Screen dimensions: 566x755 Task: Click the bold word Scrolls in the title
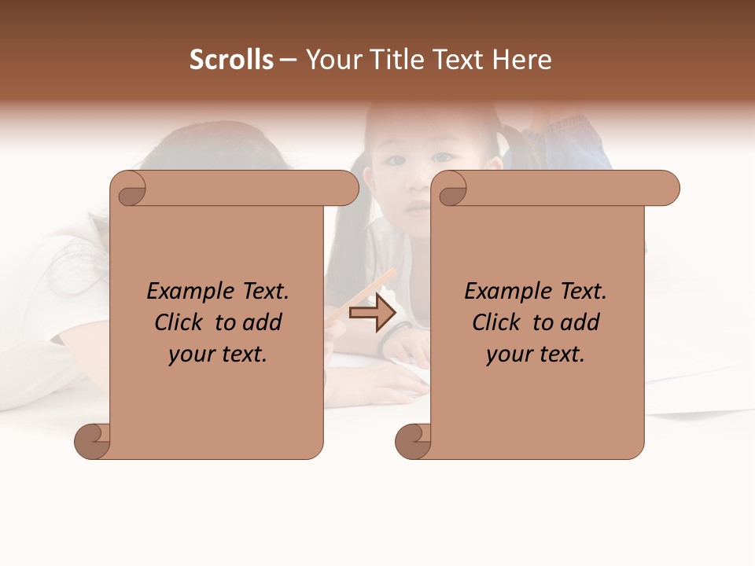231,60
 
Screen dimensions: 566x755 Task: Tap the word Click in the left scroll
179,322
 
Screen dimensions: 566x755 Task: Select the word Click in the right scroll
497,322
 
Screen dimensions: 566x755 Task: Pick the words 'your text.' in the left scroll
217,355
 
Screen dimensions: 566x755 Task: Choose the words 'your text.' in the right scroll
535,355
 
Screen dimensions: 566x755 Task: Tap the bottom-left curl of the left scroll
91,441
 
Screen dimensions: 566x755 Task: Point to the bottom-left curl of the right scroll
412,441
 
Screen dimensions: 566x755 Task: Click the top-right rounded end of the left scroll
346,188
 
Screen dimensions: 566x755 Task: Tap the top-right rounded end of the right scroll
667,188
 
